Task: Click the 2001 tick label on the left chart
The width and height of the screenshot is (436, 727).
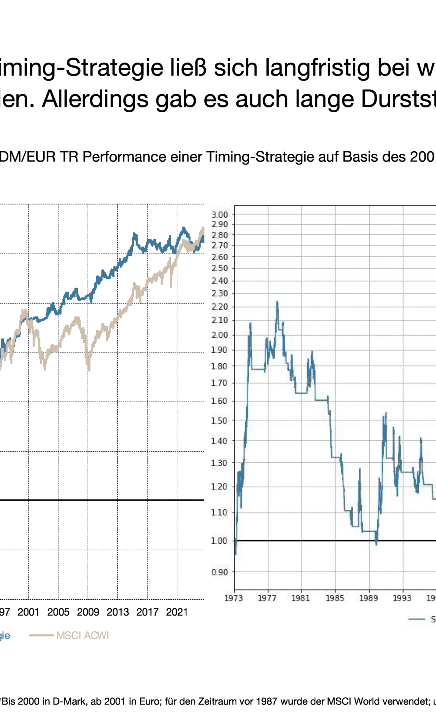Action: [x=28, y=612]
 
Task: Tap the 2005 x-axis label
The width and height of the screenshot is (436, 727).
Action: [x=58, y=612]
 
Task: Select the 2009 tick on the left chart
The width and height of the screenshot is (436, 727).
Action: [x=88, y=612]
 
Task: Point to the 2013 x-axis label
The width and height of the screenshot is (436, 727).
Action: [x=118, y=612]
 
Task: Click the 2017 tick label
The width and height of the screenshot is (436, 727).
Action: [x=147, y=612]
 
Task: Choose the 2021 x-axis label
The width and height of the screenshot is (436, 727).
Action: [x=177, y=612]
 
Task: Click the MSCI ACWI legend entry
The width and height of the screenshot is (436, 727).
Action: [x=82, y=636]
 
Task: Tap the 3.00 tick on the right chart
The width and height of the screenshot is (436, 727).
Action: [x=220, y=215]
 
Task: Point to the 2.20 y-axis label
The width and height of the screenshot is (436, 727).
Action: [x=220, y=307]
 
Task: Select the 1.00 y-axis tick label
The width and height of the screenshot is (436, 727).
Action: [x=220, y=541]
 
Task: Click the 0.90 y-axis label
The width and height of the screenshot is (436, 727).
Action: [x=220, y=572]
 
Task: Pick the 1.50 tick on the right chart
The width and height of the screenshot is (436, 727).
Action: [x=220, y=420]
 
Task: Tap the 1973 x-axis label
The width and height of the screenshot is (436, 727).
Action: [x=234, y=598]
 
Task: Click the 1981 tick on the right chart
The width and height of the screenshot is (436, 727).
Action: [x=301, y=598]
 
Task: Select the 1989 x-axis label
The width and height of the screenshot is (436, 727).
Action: [x=369, y=598]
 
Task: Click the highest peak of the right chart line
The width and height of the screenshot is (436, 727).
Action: [x=277, y=302]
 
